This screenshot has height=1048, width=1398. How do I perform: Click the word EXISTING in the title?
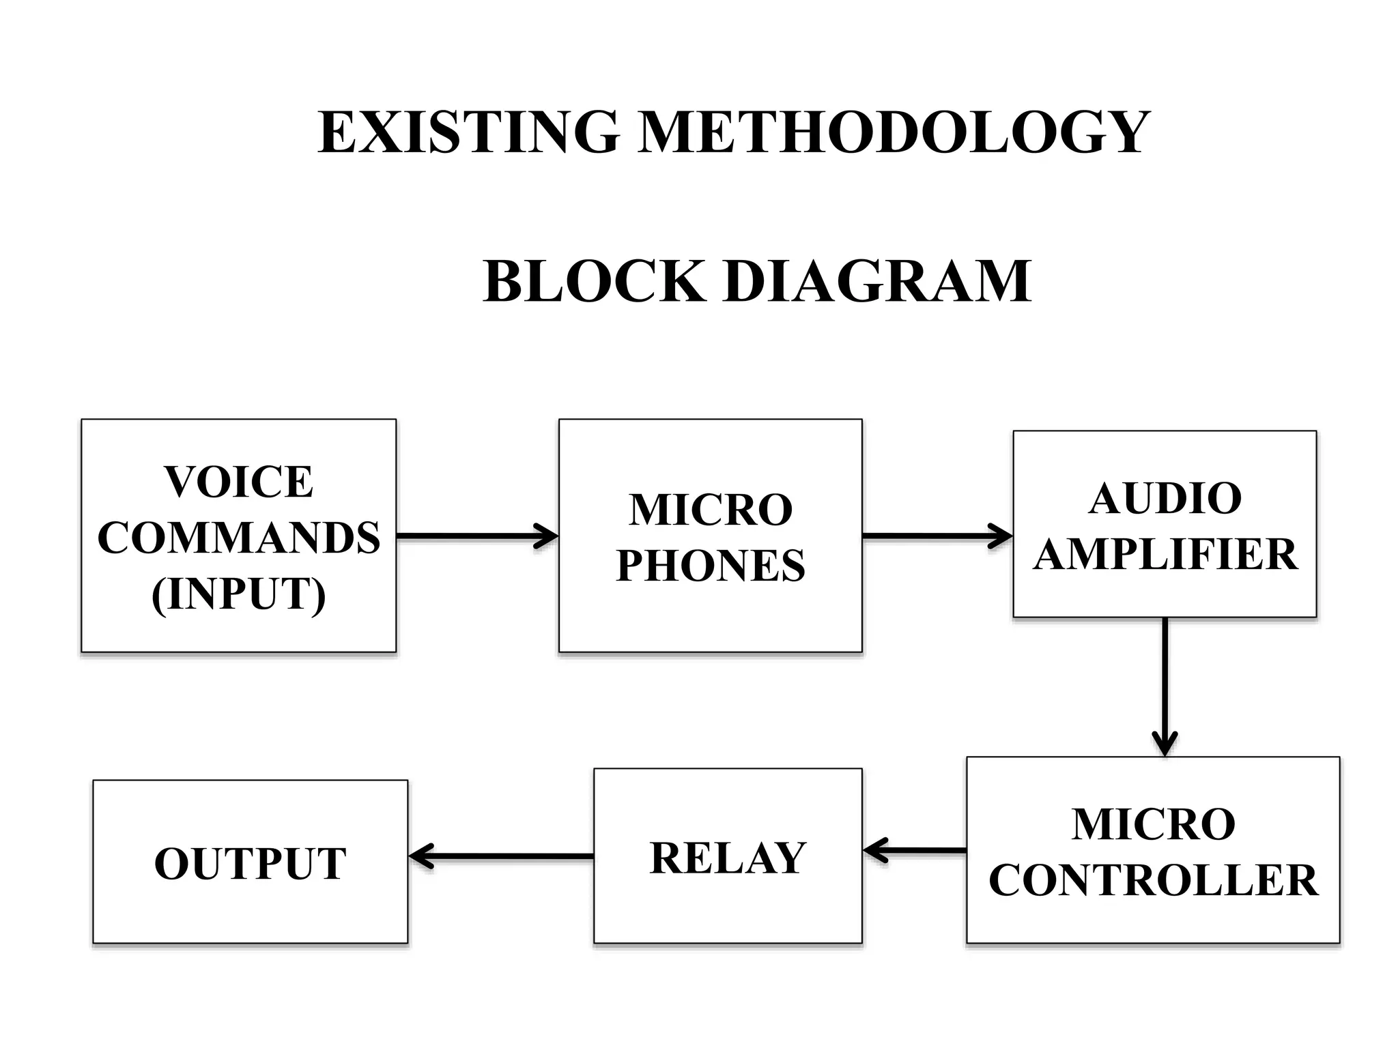(469, 132)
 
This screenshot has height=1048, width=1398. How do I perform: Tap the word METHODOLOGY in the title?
(894, 132)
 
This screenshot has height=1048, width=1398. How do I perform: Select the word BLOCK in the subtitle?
(593, 281)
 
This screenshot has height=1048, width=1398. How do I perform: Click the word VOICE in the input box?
(238, 482)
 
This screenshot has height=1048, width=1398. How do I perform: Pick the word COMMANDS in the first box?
(238, 538)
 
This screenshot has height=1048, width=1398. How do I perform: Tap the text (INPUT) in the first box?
(238, 594)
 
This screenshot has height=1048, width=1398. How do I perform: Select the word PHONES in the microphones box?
(710, 566)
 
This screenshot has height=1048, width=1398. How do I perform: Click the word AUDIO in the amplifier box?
(1165, 498)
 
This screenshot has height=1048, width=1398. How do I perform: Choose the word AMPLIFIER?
(1165, 554)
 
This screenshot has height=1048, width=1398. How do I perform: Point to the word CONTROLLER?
(1153, 880)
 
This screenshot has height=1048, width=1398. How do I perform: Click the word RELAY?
(728, 858)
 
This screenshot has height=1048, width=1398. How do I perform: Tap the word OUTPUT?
(250, 864)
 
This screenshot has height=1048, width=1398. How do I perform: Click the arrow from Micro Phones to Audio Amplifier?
(937, 536)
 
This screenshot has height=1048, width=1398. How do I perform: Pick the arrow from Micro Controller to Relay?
(915, 851)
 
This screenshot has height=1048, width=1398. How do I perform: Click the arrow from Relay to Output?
(501, 856)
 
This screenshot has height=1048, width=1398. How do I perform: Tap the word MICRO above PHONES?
(710, 510)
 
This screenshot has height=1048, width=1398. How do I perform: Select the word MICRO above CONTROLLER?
(1153, 824)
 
